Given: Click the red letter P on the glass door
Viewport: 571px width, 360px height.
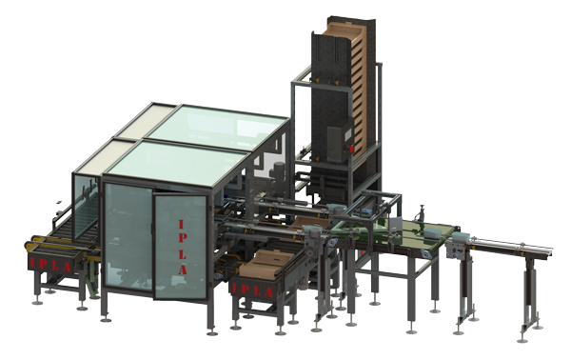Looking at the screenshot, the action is point(183,239).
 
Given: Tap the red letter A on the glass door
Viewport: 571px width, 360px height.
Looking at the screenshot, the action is point(183,270).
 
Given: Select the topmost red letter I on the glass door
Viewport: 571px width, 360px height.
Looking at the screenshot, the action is point(182,225).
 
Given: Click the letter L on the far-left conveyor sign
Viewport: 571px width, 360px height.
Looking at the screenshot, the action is point(55,266).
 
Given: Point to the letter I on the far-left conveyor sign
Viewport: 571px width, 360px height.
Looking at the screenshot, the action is point(32,262).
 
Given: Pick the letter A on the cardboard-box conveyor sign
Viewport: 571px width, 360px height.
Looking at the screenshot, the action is point(268,292).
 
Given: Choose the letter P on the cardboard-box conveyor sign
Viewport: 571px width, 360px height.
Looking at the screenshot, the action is point(245,290).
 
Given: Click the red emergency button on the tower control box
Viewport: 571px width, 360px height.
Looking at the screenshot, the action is point(351,149).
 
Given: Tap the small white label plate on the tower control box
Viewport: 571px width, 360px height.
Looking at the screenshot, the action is point(347,135).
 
